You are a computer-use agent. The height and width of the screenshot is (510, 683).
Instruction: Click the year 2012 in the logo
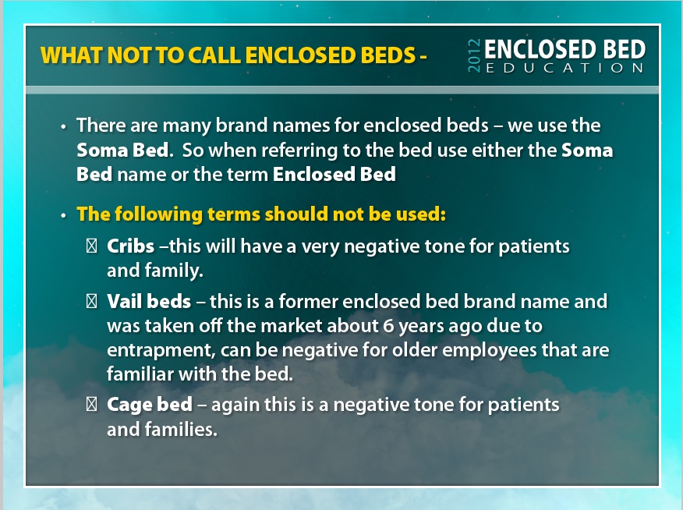click(x=474, y=55)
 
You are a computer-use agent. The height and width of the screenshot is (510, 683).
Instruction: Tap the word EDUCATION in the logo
click(x=564, y=68)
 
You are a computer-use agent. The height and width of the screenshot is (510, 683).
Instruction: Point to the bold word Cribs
click(x=131, y=246)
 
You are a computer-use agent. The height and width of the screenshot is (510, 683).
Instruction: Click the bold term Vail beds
click(x=149, y=301)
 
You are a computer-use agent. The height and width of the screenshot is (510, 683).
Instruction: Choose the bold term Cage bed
click(x=150, y=405)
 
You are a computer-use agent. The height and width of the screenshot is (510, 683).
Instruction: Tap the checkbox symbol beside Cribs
click(x=91, y=246)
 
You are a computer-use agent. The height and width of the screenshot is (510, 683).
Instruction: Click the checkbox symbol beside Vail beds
click(x=91, y=301)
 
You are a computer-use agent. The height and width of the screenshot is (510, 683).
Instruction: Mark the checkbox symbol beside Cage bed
click(x=91, y=405)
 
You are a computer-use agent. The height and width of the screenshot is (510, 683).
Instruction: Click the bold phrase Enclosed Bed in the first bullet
click(x=334, y=174)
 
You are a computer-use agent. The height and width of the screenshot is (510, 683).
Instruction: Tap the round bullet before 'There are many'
click(x=64, y=127)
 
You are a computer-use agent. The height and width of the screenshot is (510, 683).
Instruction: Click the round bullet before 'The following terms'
click(x=64, y=215)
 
